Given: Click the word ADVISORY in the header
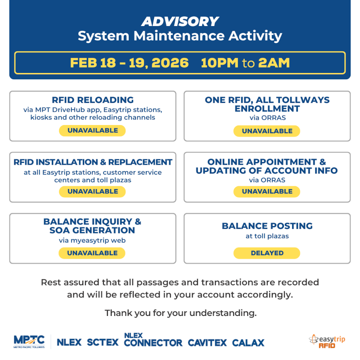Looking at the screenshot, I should click(x=180, y=21).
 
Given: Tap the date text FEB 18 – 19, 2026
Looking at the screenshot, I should click(x=129, y=63).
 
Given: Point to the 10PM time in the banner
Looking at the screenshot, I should click(x=220, y=63).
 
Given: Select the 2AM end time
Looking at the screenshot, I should click(x=274, y=63).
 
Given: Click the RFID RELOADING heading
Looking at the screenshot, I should click(x=93, y=100).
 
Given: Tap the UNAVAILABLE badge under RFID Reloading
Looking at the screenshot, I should click(x=93, y=130).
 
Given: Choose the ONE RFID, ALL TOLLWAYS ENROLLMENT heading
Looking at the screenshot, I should click(x=267, y=104).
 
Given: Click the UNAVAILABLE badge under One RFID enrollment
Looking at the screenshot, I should click(x=267, y=131).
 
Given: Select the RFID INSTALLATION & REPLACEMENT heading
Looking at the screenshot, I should click(x=93, y=162).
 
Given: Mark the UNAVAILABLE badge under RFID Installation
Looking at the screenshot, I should click(x=93, y=191).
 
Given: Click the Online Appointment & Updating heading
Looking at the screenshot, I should click(x=267, y=166).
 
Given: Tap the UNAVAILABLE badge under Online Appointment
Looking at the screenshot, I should click(x=267, y=191).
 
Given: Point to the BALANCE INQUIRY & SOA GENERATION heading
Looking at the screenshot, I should click(x=92, y=226).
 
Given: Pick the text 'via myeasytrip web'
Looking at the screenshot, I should click(x=92, y=240).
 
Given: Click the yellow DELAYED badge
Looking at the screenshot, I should click(x=267, y=253).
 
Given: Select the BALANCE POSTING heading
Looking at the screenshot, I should click(x=267, y=226).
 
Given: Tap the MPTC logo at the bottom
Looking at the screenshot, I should click(x=29, y=341).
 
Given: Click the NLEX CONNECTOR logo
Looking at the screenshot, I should click(x=153, y=340).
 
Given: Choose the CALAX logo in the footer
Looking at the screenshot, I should click(x=248, y=343).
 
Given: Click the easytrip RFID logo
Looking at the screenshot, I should click(x=327, y=341).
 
